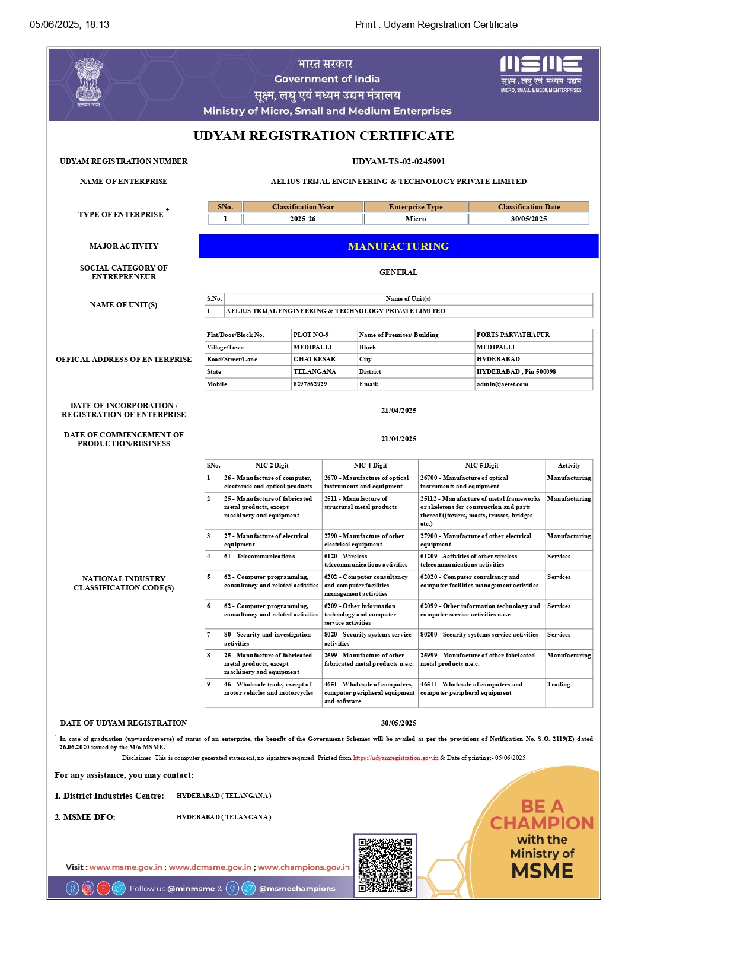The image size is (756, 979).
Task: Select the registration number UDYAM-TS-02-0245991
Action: coord(398,161)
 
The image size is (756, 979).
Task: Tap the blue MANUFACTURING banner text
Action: coord(398,246)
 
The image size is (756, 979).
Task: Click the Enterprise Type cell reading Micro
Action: coord(416,219)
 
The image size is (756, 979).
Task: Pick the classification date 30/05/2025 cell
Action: coord(529,219)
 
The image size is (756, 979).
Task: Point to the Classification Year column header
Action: coord(303,207)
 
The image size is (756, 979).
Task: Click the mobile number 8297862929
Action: coord(310,384)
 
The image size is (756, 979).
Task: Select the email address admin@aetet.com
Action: coord(502,384)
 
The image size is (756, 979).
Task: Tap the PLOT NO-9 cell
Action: coord(311,335)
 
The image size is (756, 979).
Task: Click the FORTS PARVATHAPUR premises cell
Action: coord(513,335)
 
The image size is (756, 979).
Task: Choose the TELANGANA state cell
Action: coord(315,371)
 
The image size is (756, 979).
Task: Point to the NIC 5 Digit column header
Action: coord(481,465)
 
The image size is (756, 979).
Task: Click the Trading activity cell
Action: coord(559,684)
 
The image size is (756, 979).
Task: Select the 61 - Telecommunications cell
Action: coord(259,556)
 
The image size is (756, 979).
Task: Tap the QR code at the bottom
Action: coord(385,864)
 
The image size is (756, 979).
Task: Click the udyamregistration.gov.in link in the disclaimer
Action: coord(395,758)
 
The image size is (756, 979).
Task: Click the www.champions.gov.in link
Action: coord(304,867)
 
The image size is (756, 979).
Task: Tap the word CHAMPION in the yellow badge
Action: coord(541,823)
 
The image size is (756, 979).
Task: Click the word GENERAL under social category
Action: coord(398,272)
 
